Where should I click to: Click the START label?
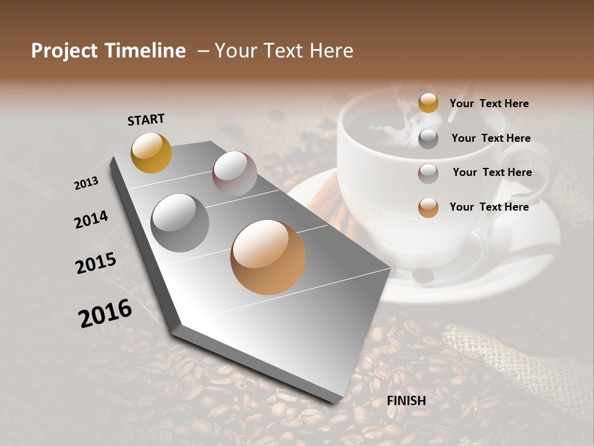[146, 120]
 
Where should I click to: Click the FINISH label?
[406, 401]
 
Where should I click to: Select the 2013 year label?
[86, 183]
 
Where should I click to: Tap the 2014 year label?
[91, 219]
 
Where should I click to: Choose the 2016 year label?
[105, 313]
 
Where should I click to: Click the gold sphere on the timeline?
[151, 152]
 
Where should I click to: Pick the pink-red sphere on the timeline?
[235, 173]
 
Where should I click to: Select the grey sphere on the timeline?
[180, 222]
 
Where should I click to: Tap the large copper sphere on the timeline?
[268, 257]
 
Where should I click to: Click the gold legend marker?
[428, 103]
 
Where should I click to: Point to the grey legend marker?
[428, 139]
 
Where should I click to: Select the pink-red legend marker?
[428, 173]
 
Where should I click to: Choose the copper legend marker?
[428, 208]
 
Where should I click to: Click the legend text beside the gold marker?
[489, 103]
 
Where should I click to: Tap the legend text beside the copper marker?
[489, 207]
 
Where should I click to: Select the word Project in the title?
[66, 51]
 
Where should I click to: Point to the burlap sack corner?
[495, 353]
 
